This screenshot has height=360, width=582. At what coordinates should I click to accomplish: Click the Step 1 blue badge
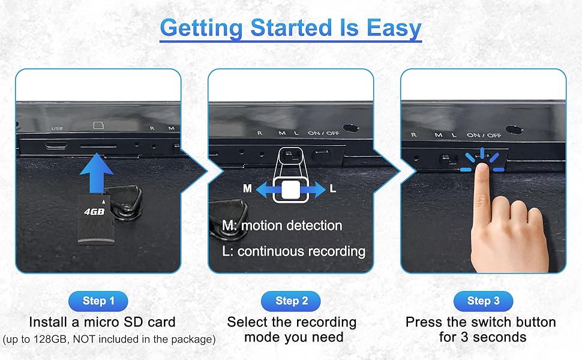[98, 301]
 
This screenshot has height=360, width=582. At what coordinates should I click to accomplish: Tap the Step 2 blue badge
[291, 301]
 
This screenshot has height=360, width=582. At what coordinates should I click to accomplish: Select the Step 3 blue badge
[483, 301]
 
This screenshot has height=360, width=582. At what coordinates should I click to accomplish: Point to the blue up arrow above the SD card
[97, 173]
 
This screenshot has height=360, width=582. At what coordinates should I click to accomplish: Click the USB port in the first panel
[56, 145]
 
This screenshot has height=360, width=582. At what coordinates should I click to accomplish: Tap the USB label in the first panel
[57, 128]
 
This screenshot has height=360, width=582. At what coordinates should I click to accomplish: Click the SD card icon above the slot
[98, 125]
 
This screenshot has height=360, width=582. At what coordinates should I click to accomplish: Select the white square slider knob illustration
[290, 190]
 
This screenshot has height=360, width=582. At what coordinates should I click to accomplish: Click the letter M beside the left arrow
[247, 189]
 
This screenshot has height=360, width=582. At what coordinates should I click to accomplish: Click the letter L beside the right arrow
[333, 189]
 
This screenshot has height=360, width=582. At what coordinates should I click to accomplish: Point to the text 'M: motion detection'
[282, 226]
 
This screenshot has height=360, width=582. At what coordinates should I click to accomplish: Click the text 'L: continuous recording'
[293, 251]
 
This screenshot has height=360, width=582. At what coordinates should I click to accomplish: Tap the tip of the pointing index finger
[482, 167]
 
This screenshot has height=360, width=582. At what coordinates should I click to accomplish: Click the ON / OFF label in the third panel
[484, 136]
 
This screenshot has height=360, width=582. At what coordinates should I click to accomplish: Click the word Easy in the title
[394, 28]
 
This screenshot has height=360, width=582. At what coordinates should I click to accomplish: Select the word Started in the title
[291, 28]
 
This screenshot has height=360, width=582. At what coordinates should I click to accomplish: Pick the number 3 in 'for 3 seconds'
[464, 337]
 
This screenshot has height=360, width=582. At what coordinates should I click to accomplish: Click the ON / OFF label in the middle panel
[323, 133]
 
